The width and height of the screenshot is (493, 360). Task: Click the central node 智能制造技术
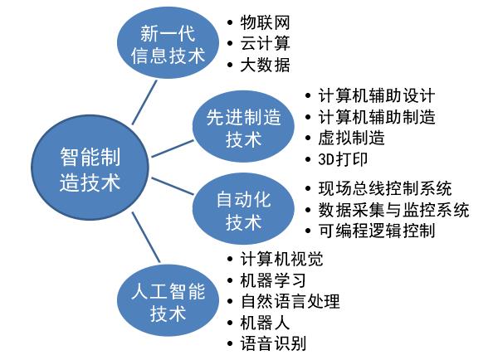coord(90,167)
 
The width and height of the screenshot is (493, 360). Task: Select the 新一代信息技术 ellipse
coord(168,43)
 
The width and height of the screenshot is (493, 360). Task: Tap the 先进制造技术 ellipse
coord(243,126)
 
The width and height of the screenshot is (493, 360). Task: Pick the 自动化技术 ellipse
coord(243,208)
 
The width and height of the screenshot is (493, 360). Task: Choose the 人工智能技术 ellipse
coord(168,300)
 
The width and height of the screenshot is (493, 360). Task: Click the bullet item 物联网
coord(265,22)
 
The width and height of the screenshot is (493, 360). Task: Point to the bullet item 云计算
coord(265,44)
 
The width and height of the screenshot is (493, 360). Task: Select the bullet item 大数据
coord(265,65)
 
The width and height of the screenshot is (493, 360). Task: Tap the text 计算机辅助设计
coord(376,95)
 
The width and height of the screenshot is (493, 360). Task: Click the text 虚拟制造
coord(351,138)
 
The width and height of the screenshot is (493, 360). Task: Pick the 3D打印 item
coord(343,159)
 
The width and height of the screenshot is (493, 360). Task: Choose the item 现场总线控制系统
coord(385,188)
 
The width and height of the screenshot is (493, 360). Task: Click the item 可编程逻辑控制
coord(376,231)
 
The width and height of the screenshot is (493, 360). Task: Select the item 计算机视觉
coord(281,259)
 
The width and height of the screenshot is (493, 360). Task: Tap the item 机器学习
coord(273,280)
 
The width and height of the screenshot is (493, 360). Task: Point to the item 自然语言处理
coord(290,301)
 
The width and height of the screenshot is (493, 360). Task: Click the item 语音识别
coord(273,343)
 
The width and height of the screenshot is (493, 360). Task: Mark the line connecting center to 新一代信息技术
coord(144,102)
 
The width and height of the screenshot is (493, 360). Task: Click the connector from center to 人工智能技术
coord(146,237)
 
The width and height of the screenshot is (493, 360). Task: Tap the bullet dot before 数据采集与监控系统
coord(308,210)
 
